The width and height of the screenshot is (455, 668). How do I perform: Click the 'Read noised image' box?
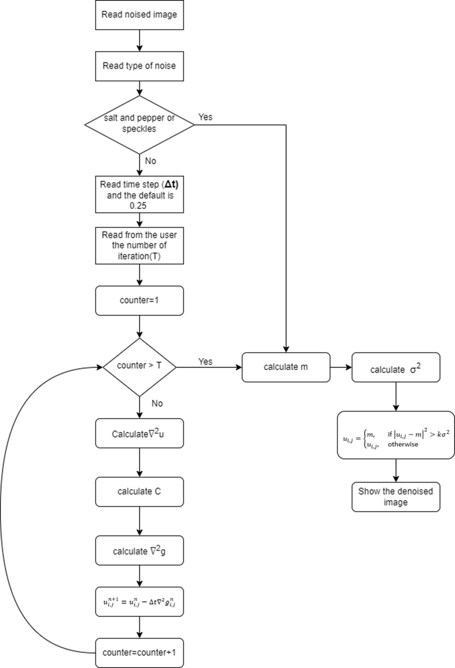(x=139, y=15)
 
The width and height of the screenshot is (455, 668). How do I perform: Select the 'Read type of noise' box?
(x=139, y=66)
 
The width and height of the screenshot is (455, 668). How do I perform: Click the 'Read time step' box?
(x=139, y=195)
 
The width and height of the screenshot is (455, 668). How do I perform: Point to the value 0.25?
(x=138, y=206)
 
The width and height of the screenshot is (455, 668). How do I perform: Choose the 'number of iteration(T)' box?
(x=139, y=246)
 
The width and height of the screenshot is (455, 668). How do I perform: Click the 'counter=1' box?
(x=139, y=301)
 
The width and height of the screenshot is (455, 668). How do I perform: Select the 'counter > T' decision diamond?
(x=139, y=367)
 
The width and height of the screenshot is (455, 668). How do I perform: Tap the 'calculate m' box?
(x=286, y=367)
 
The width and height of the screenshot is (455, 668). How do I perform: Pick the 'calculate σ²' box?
(x=396, y=367)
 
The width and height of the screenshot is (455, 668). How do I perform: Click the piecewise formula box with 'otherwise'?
(x=396, y=435)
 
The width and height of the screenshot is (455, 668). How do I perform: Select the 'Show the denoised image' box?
(x=396, y=497)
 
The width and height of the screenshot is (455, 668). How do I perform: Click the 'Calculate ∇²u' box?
(x=139, y=433)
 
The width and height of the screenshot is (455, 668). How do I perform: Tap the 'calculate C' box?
(x=139, y=492)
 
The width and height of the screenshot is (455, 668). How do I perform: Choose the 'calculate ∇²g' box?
(x=139, y=550)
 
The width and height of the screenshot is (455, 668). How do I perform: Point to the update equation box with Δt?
(x=139, y=602)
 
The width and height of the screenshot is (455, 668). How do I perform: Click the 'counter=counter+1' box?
(x=139, y=653)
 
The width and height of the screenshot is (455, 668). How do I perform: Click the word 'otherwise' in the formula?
(x=403, y=444)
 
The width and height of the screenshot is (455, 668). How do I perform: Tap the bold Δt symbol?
(x=171, y=185)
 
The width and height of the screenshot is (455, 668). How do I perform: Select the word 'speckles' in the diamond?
(x=139, y=129)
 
